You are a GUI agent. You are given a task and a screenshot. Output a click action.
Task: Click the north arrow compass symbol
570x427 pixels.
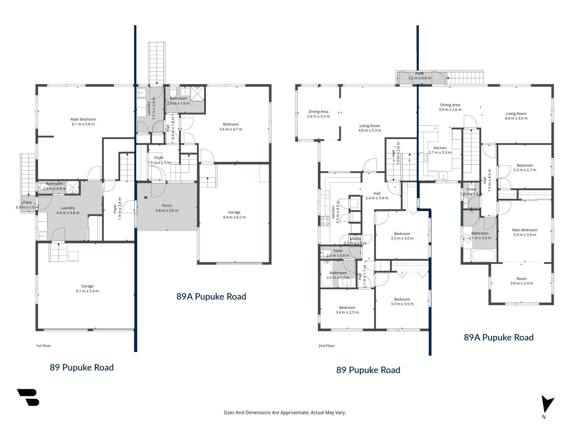coord(547,406)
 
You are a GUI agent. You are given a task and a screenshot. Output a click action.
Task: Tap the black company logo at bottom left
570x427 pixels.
coord(28,397)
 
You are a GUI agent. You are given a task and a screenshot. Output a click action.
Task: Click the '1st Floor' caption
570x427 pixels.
coord(43,346)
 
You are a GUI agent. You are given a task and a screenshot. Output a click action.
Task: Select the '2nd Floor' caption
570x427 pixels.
coord(326,346)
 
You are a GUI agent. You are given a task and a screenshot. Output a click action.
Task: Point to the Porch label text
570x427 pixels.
coord(167,206)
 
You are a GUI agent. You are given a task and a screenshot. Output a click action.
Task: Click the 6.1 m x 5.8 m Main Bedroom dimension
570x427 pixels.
coord(83,124)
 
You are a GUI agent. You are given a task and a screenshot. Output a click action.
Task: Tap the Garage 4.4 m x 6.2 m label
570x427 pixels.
coord(234,215)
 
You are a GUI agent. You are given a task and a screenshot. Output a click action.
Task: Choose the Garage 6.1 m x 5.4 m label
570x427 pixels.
coord(87,289)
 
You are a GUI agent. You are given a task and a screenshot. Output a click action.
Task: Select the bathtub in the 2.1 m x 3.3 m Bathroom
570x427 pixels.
coord(483,255)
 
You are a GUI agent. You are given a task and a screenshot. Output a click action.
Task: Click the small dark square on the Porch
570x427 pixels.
coord(146,197)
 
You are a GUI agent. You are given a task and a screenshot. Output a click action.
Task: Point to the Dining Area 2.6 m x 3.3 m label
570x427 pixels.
coord(318,114)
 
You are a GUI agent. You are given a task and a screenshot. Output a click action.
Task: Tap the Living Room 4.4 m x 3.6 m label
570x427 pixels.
coord(516,116)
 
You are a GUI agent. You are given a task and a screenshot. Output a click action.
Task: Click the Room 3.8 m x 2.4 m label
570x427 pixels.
coord(522,281)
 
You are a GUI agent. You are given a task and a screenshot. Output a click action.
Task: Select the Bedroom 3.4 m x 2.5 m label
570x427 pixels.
coord(347,310)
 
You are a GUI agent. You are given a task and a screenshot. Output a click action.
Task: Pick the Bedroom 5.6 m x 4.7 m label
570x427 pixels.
coord(231,127)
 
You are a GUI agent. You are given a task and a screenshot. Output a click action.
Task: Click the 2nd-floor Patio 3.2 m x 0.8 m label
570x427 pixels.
coord(419,76)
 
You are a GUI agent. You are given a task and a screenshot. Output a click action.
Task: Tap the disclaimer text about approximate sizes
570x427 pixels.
coord(285,412)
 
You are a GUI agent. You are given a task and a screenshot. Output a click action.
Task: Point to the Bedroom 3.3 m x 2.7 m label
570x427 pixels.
coord(524,168)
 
